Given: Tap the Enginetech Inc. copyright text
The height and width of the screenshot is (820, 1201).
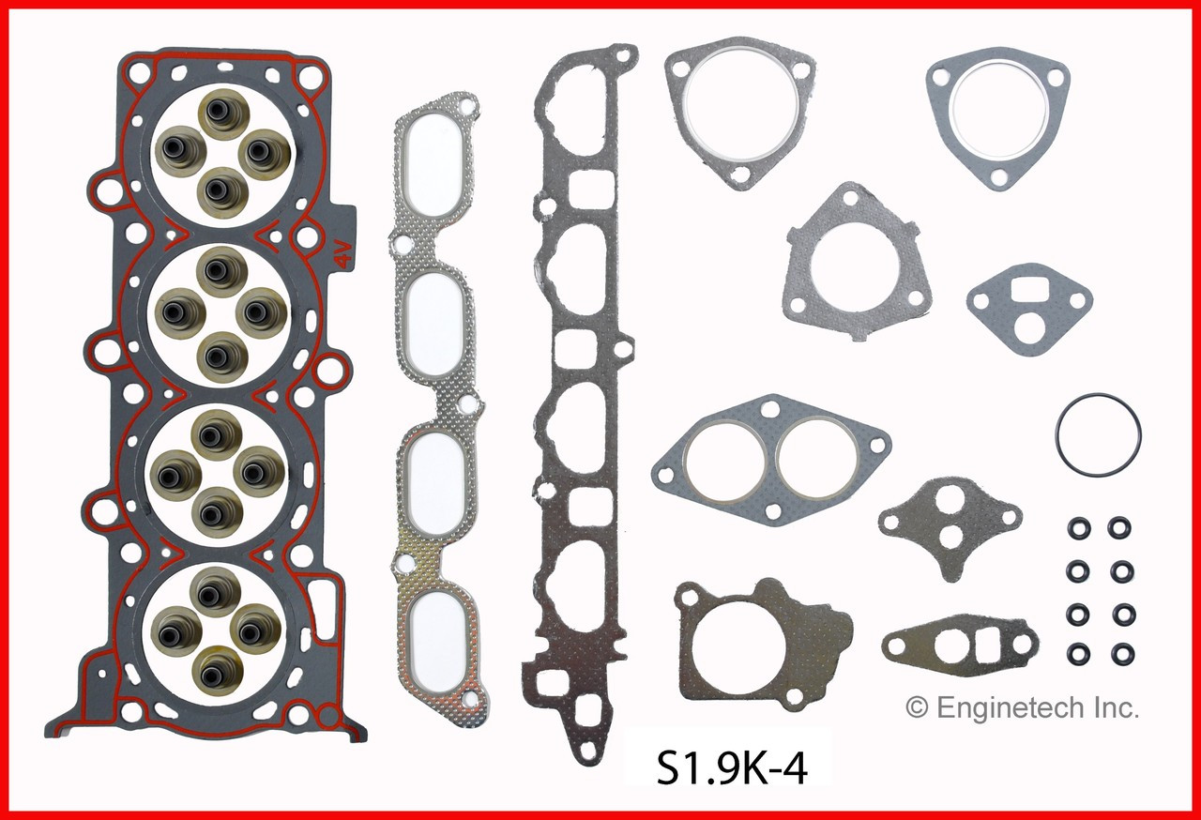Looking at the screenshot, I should coord(1022,707).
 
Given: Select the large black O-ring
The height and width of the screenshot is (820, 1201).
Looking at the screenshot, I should coord(1098,435).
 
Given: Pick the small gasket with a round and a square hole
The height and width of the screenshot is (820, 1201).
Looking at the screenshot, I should coord(959,645).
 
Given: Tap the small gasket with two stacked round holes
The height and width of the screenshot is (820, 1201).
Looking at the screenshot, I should coord(949,524).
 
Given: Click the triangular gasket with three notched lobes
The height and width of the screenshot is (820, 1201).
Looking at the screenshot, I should coord(854,262).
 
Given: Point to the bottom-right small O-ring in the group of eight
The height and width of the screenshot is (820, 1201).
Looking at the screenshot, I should coord(1118,651).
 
